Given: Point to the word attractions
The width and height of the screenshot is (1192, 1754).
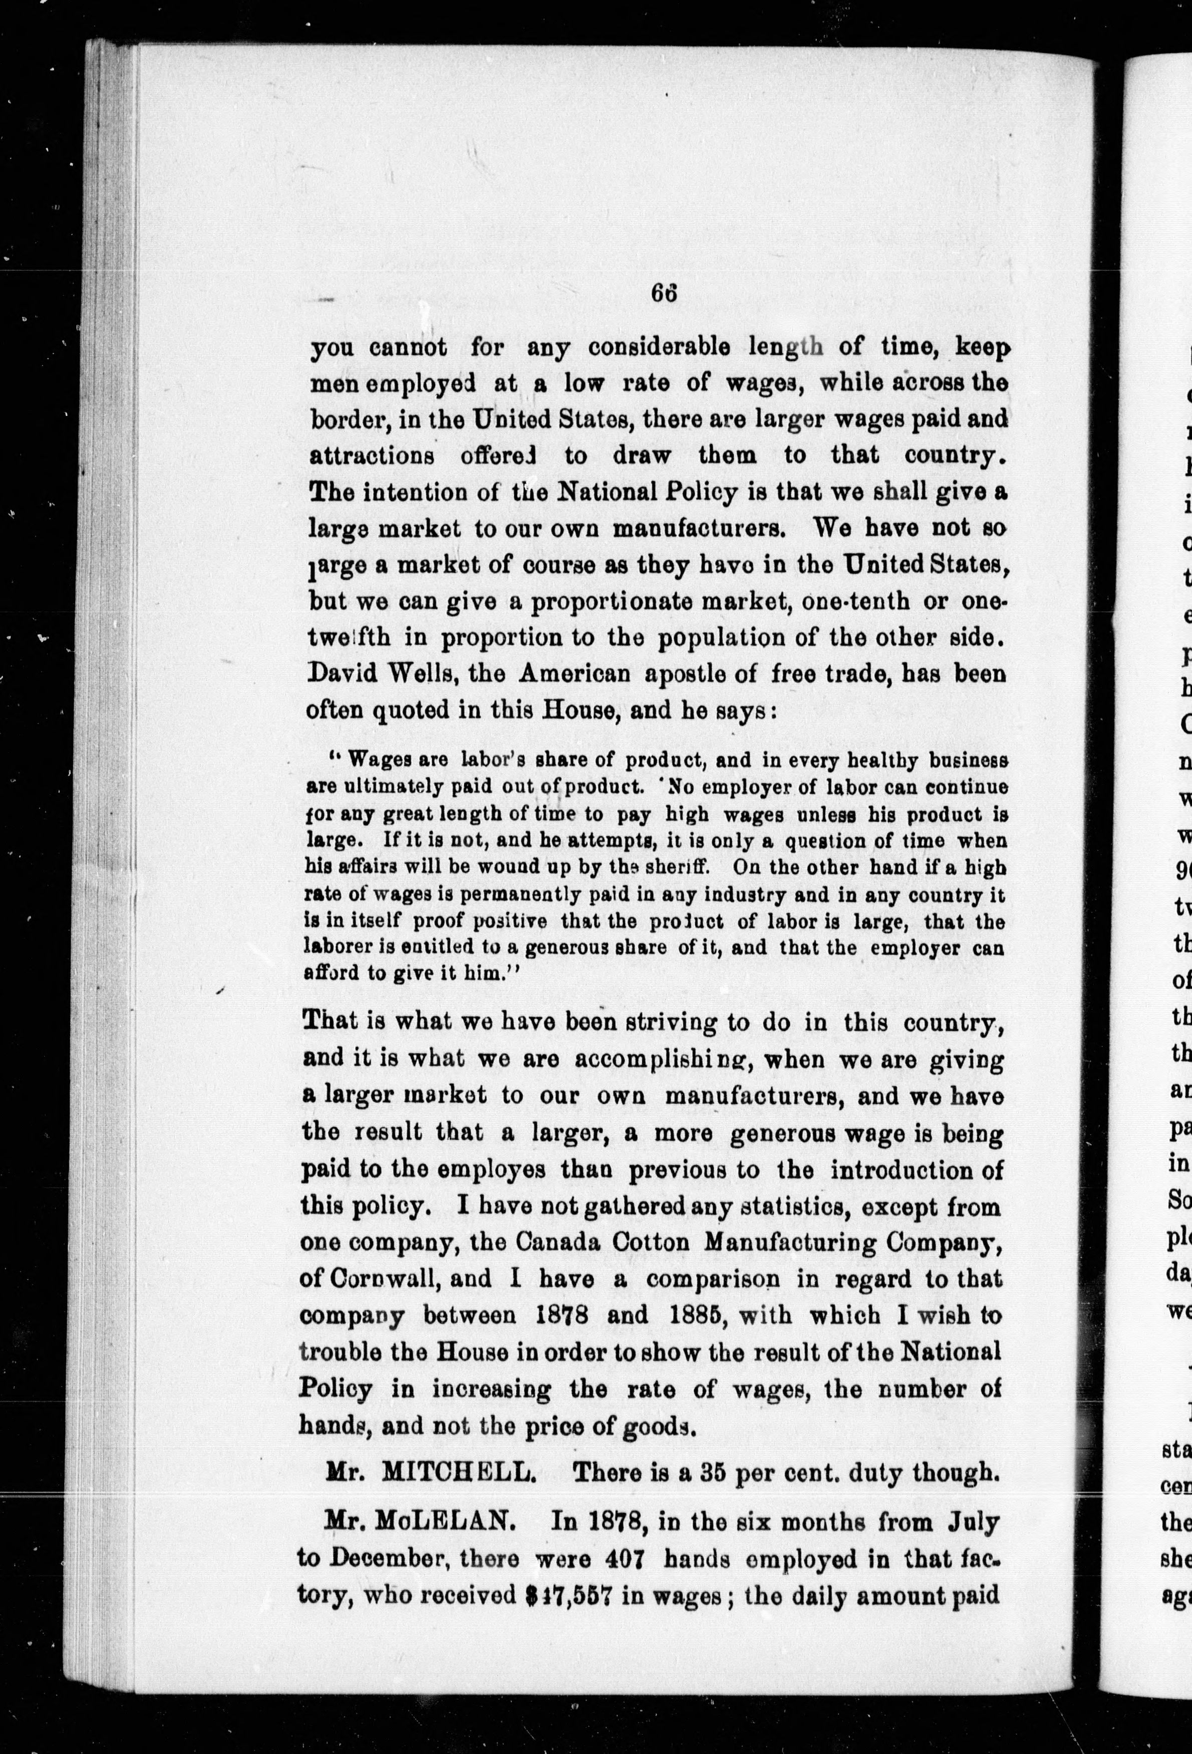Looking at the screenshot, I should click(372, 456).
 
